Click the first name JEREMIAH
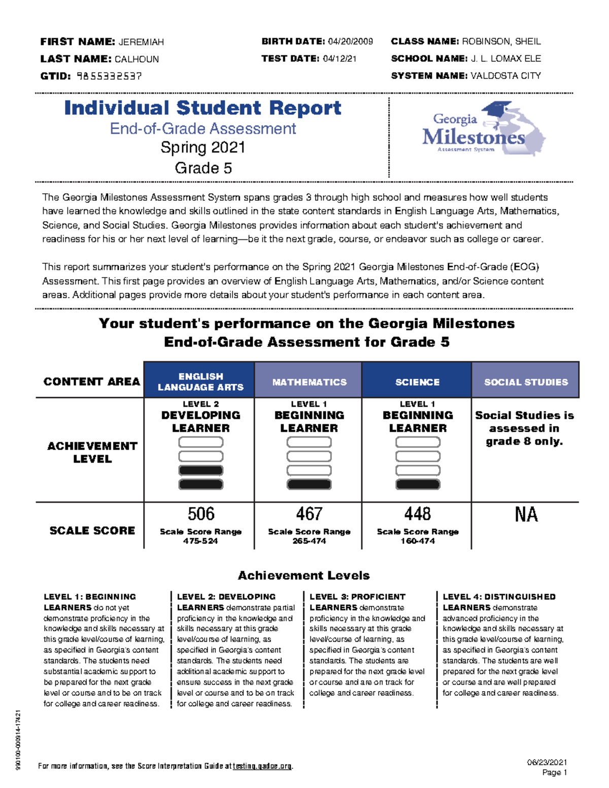click(141, 42)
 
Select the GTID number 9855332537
click(109, 76)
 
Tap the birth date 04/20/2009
click(350, 42)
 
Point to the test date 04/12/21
click(340, 59)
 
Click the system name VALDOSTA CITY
click(505, 76)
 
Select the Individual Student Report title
click(202, 108)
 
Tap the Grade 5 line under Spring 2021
click(203, 168)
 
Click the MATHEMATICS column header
click(309, 382)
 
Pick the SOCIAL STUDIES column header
click(526, 382)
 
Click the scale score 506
click(201, 514)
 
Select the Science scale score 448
click(417, 514)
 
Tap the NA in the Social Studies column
click(526, 515)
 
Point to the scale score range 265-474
click(309, 541)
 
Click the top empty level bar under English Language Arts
click(201, 442)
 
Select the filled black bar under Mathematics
click(309, 485)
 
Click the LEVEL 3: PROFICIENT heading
click(357, 597)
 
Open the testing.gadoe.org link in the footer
click(262, 766)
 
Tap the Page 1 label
click(554, 773)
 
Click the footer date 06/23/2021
click(547, 762)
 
